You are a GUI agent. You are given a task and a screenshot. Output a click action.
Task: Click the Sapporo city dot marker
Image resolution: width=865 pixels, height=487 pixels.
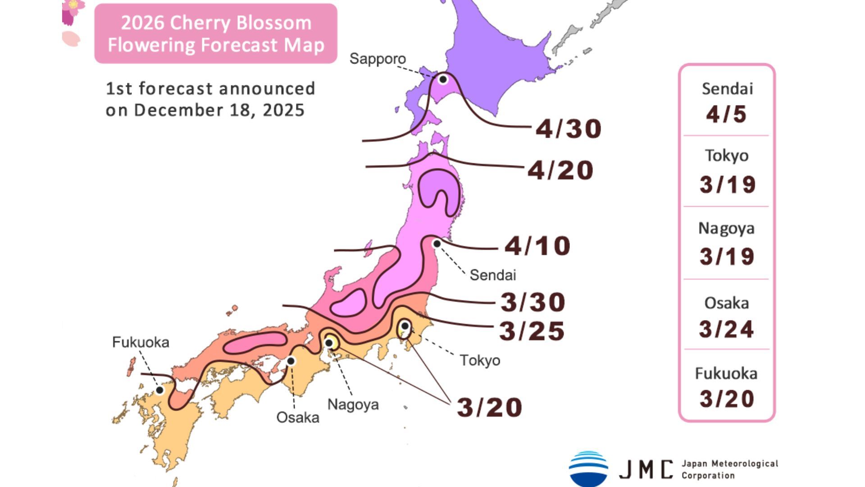tap(443, 79)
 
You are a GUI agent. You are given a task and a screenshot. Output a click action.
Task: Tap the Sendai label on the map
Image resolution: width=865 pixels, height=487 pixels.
tap(492, 275)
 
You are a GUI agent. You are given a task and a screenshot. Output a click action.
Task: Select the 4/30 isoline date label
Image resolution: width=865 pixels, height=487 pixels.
tap(569, 129)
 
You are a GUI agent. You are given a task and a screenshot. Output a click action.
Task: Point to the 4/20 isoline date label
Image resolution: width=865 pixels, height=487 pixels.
tap(560, 170)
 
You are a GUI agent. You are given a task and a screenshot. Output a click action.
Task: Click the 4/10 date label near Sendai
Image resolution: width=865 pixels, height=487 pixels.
tap(537, 246)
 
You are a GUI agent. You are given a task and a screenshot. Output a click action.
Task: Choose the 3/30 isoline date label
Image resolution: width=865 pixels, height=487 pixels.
tap(533, 302)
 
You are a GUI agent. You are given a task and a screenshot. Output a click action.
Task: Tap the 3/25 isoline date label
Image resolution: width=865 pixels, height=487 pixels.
tap(532, 331)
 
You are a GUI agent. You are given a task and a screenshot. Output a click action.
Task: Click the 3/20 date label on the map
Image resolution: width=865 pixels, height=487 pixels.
tap(490, 407)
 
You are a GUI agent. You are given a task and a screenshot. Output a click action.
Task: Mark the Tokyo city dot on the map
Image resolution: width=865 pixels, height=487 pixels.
tap(405, 326)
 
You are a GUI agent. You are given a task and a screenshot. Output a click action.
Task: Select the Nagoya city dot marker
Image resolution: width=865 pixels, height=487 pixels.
tap(329, 343)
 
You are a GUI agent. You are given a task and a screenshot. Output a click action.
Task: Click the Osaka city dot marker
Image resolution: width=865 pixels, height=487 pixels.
tap(291, 361)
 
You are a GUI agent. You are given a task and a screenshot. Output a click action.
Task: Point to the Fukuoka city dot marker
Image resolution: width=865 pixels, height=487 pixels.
tap(159, 390)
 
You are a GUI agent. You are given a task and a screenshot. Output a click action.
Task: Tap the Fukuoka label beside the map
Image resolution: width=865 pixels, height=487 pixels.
tap(141, 342)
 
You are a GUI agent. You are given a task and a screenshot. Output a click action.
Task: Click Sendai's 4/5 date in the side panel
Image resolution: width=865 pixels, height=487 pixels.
tap(726, 114)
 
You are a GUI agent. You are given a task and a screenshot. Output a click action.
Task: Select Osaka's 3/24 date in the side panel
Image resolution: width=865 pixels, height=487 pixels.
tap(726, 329)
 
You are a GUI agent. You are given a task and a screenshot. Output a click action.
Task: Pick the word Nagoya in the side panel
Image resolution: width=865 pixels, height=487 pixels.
tap(726, 228)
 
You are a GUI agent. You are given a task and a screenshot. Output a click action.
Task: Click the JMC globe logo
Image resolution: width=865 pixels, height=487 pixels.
tap(588, 469)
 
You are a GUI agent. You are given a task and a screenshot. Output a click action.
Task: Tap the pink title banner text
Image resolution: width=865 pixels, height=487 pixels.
tap(216, 34)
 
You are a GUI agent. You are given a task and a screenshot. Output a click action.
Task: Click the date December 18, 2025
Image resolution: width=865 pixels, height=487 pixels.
tap(219, 110)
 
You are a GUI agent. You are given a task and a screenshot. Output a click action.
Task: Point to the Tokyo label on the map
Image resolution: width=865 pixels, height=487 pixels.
tap(480, 360)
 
